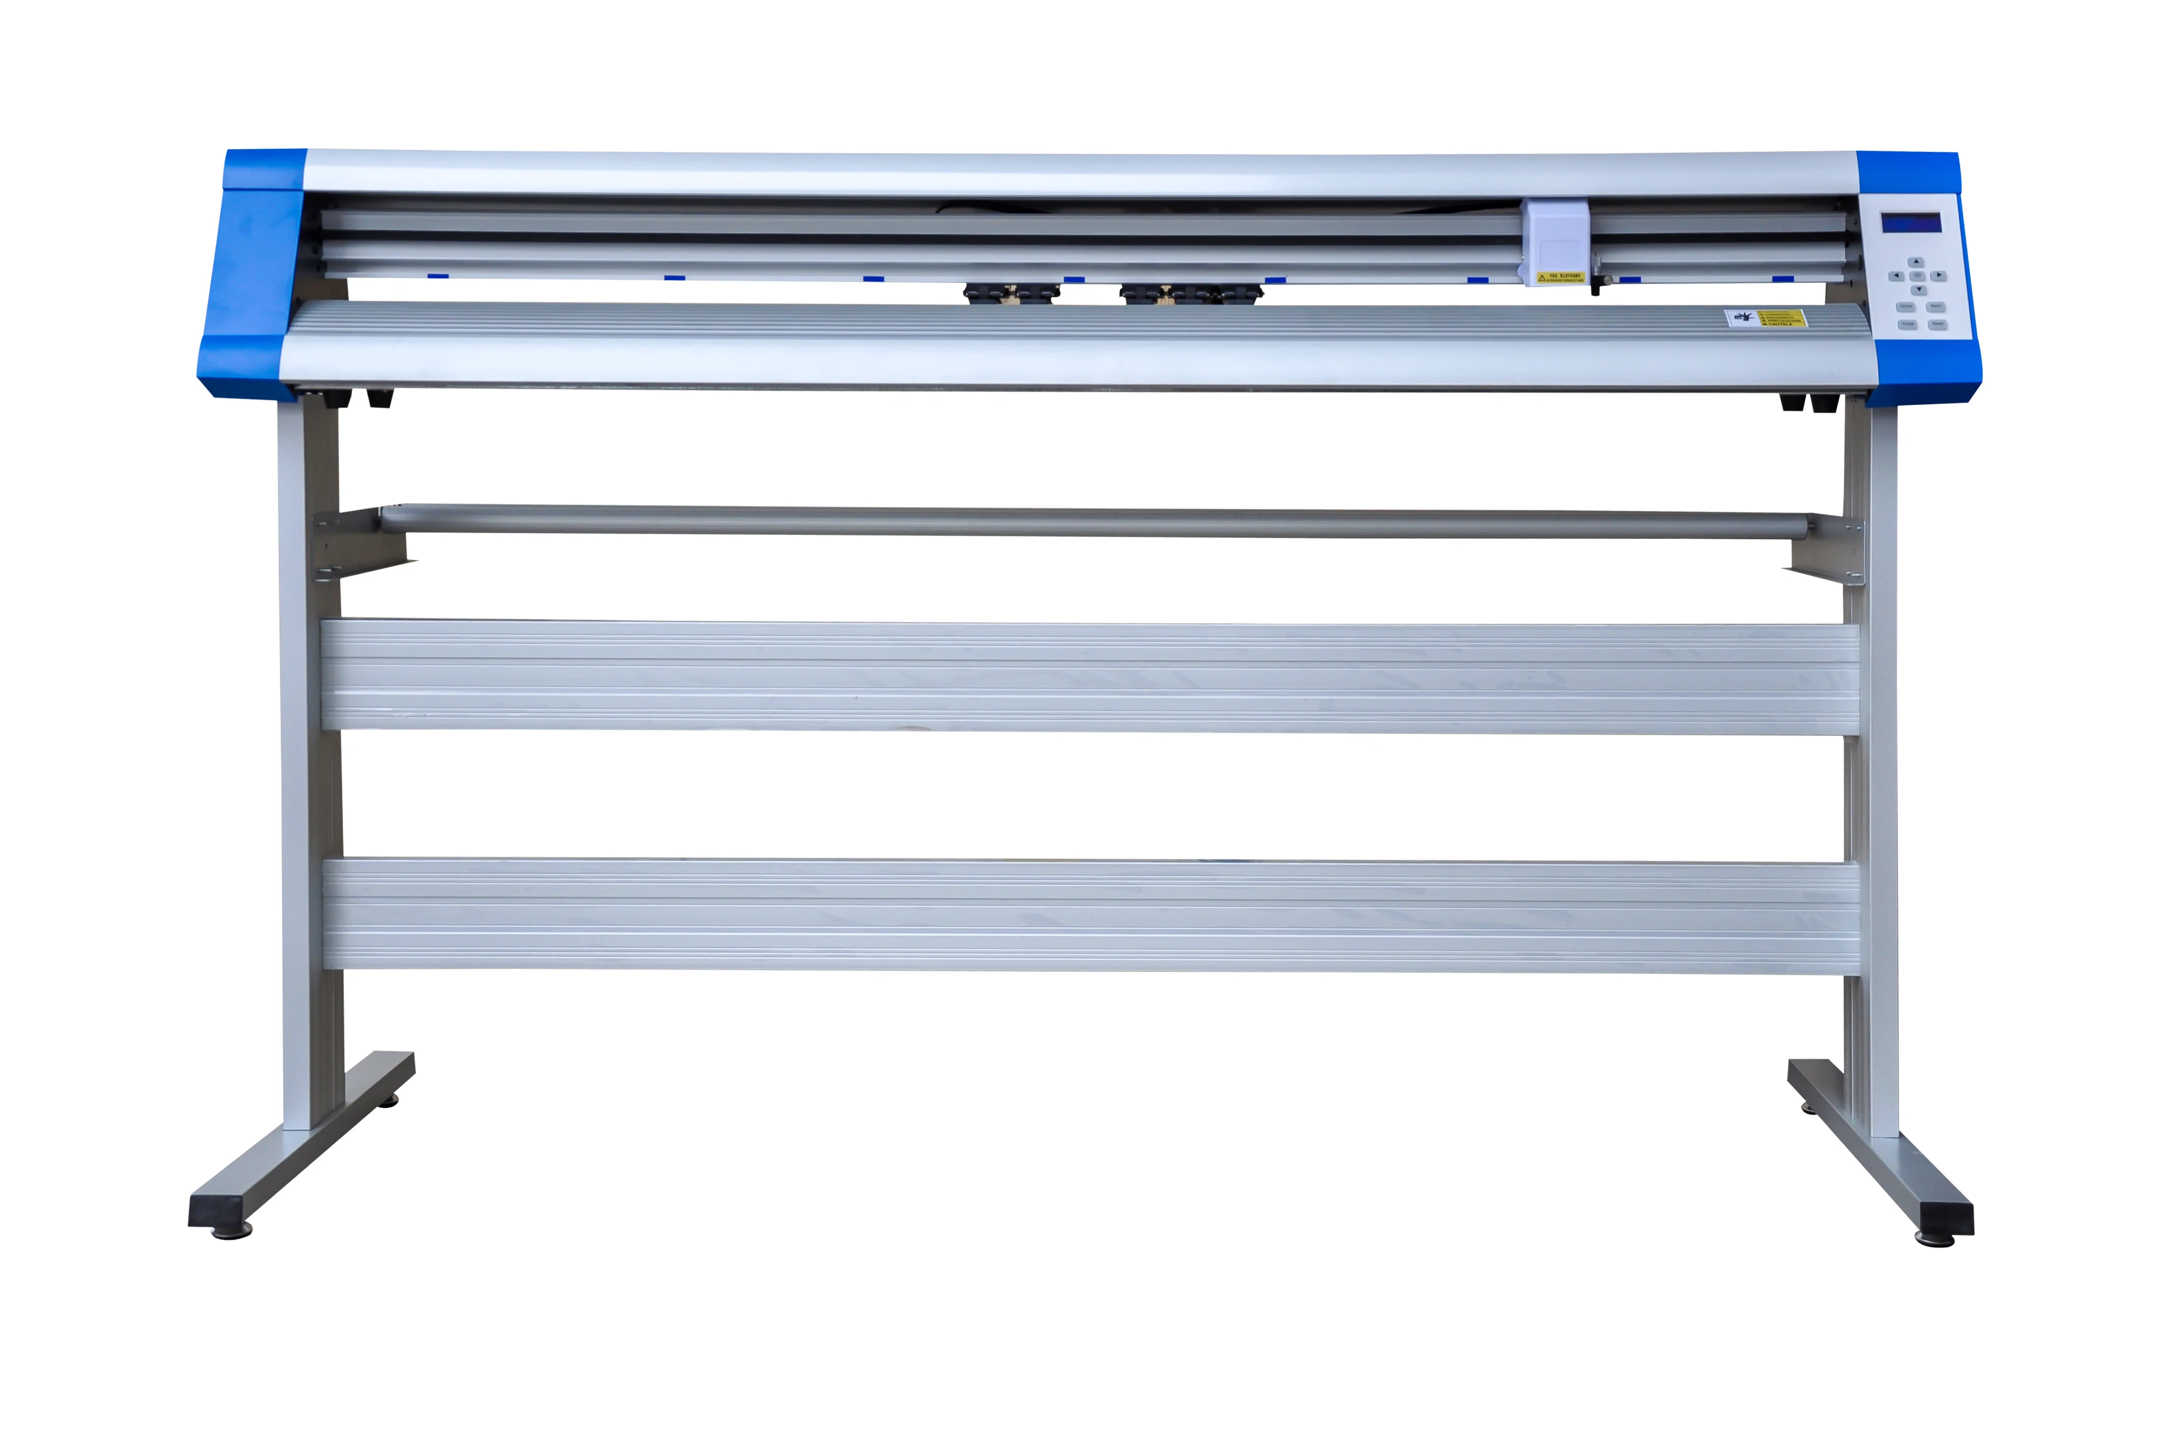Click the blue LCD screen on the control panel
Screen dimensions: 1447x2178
1910,224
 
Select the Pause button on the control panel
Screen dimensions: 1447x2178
1907,325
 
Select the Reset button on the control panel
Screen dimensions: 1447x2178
1937,325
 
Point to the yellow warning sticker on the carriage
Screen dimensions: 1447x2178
1559,277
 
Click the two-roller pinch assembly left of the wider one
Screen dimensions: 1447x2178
1011,294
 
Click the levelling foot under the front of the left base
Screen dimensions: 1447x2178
231,1232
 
